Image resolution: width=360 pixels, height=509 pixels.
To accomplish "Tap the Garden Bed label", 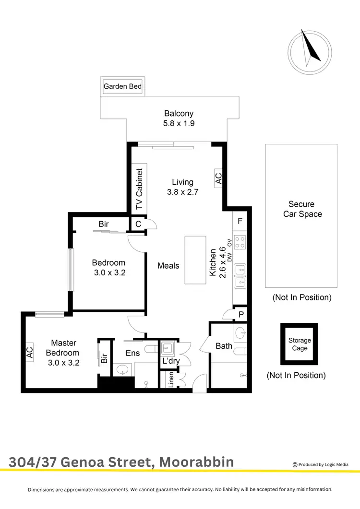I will tap(123, 86).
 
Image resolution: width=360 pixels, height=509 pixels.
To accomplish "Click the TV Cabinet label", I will tap(139, 189).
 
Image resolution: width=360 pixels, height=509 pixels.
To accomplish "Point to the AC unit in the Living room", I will tap(218, 179).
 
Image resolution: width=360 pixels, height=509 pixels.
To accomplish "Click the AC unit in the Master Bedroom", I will tap(29, 353).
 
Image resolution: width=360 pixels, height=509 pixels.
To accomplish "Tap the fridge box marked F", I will tap(239, 222).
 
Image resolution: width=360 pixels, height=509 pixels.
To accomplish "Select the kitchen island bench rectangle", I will tap(195, 260).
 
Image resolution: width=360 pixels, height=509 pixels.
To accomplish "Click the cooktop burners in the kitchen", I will tap(240, 242).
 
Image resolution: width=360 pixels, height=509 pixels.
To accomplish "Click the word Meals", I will tap(168, 265).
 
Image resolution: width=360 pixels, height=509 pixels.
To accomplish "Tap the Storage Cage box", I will tap(300, 344).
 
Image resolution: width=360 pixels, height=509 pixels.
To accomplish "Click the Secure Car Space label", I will tap(302, 209).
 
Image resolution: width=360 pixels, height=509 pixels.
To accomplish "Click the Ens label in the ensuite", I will tap(132, 354).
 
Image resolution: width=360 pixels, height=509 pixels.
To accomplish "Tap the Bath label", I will tap(224, 346).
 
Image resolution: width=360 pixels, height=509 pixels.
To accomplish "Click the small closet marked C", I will tap(138, 224).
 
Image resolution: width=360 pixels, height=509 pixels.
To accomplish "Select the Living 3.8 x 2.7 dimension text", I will tap(182, 187).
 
